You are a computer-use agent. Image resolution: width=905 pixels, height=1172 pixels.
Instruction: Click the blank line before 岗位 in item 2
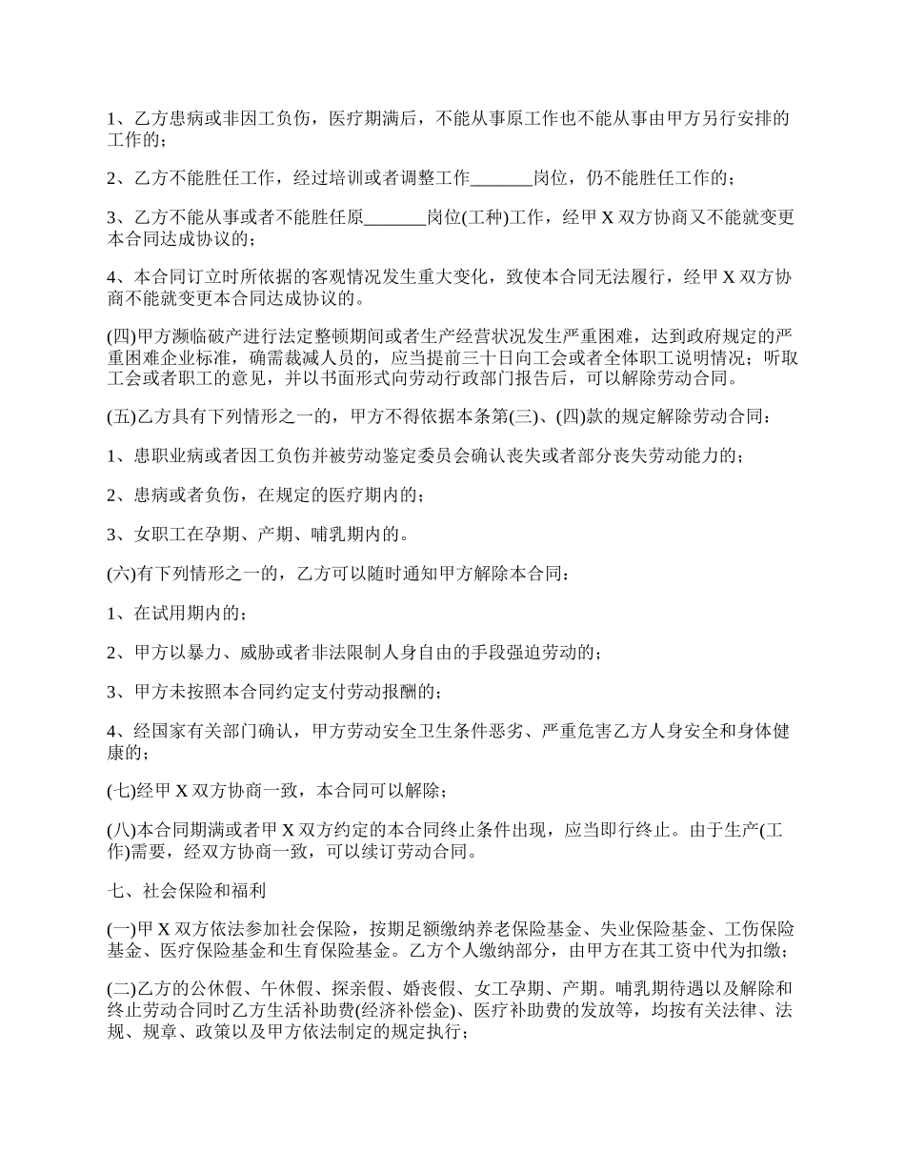(x=502, y=177)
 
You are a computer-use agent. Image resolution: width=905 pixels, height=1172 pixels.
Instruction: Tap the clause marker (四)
(x=122, y=337)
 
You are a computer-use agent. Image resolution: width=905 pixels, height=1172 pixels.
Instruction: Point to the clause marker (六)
(x=122, y=575)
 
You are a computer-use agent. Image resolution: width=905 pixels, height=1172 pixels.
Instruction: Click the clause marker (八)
(x=122, y=831)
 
